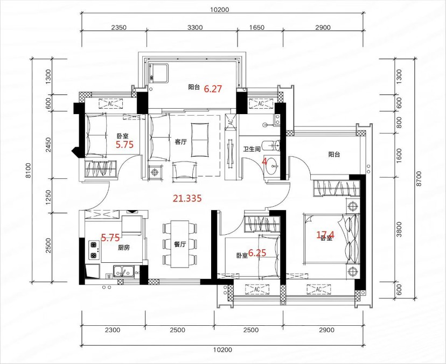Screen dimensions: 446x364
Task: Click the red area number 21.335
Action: [187, 198]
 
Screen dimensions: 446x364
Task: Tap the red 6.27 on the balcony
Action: [213, 89]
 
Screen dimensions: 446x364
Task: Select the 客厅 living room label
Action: [180, 142]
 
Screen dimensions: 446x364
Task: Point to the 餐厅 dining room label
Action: [180, 244]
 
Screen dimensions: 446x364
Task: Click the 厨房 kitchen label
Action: [124, 248]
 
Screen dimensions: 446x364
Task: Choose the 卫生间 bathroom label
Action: [252, 149]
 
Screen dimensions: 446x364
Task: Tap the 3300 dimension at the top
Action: [196, 27]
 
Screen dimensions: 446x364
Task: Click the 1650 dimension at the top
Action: [257, 27]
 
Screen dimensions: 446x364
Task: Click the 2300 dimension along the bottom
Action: [113, 330]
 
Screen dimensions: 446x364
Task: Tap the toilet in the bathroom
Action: [271, 145]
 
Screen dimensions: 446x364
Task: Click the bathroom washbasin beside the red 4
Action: [273, 166]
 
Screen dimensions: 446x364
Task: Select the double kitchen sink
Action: [124, 271]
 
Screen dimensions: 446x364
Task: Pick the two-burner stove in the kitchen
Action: [93, 250]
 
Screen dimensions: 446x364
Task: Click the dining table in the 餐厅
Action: [180, 244]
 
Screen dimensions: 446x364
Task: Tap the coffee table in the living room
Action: [200, 139]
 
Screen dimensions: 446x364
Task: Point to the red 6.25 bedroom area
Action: [257, 253]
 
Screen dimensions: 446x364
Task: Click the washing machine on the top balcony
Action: [158, 73]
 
